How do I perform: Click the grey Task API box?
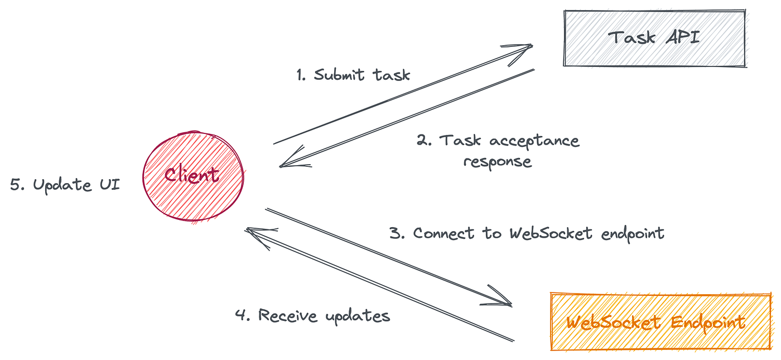pyautogui.click(x=655, y=39)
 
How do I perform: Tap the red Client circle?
pyautogui.click(x=193, y=176)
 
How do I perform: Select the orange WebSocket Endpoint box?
pyautogui.click(x=661, y=321)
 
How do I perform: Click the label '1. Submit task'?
pyautogui.click(x=353, y=75)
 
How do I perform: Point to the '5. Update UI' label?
pyautogui.click(x=65, y=185)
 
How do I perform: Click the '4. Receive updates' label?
pyautogui.click(x=313, y=316)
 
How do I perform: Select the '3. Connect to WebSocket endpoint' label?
pyautogui.click(x=527, y=233)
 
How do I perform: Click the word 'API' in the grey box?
pyautogui.click(x=683, y=37)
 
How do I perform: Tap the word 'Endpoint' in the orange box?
pyautogui.click(x=708, y=323)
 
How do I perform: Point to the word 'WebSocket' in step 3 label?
pyautogui.click(x=551, y=233)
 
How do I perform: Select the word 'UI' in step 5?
pyautogui.click(x=110, y=184)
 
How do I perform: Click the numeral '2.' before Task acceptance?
pyautogui.click(x=424, y=140)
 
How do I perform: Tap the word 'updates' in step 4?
pyautogui.click(x=358, y=317)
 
